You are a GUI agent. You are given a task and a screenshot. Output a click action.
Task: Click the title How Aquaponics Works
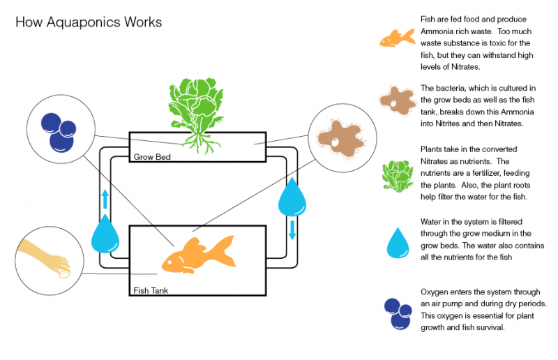pyautogui.click(x=89, y=22)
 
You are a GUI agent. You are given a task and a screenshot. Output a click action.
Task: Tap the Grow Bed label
pyautogui.click(x=152, y=157)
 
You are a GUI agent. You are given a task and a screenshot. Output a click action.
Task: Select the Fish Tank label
pyautogui.click(x=151, y=290)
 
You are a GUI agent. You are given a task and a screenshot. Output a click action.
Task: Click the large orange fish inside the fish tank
pyautogui.click(x=198, y=255)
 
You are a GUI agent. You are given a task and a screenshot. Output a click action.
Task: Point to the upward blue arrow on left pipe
pyautogui.click(x=105, y=199)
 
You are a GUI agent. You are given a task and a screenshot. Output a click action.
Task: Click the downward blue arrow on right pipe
pyautogui.click(x=292, y=230)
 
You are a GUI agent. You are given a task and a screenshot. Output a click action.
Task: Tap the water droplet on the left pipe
pyautogui.click(x=105, y=233)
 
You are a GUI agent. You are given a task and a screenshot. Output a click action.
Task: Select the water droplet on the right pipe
pyautogui.click(x=292, y=197)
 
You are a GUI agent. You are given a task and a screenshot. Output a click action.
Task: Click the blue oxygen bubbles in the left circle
pyautogui.click(x=59, y=133)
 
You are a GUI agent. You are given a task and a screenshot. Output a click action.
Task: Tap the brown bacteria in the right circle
pyautogui.click(x=340, y=139)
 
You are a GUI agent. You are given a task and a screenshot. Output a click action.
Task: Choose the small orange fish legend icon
pyautogui.click(x=398, y=38)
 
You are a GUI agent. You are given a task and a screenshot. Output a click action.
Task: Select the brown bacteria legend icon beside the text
pyautogui.click(x=398, y=100)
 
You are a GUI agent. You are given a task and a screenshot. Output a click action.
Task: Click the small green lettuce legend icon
pyautogui.click(x=398, y=176)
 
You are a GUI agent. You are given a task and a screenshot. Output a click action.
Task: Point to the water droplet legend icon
pyautogui.click(x=398, y=243)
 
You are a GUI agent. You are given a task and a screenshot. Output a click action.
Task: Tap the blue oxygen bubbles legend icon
pyautogui.click(x=398, y=314)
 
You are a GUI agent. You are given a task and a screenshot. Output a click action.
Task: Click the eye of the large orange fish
pyautogui.click(x=169, y=263)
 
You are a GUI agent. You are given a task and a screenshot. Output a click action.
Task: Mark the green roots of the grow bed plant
pyautogui.click(x=201, y=143)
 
